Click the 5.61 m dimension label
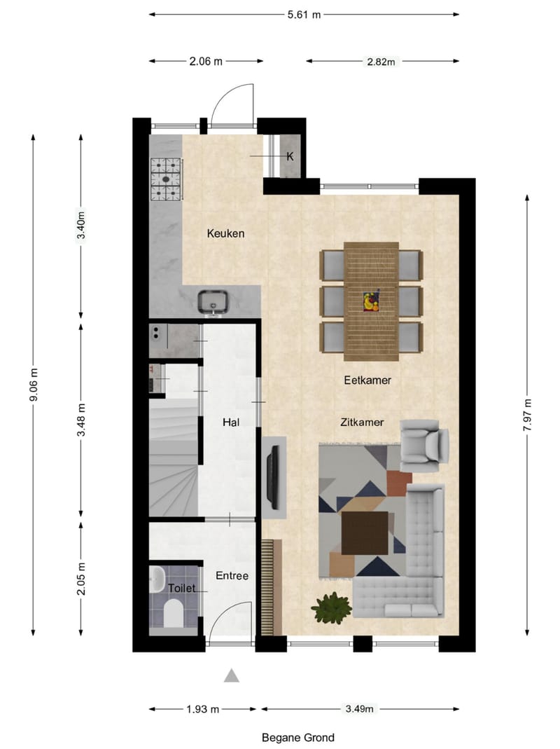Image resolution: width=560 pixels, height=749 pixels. (x=304, y=14)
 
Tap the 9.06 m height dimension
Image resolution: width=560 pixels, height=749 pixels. (x=33, y=385)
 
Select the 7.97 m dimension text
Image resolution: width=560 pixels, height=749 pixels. (x=527, y=416)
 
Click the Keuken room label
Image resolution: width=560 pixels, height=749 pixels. (x=225, y=233)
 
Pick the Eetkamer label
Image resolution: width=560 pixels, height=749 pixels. (x=367, y=380)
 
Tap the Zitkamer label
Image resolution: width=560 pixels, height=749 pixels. (x=361, y=422)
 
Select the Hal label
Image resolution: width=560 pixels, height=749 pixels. (x=231, y=422)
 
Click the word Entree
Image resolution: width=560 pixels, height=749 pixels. (x=232, y=576)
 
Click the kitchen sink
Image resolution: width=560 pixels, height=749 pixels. (x=214, y=302)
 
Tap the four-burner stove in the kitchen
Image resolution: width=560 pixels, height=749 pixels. (x=167, y=179)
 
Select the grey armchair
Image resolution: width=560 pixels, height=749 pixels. (x=423, y=446)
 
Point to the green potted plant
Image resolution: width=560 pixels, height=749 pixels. (x=332, y=607)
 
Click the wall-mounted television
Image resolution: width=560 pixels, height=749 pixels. (x=273, y=477)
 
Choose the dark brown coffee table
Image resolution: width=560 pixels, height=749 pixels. (x=364, y=532)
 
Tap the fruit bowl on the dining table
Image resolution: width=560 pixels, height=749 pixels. (x=371, y=301)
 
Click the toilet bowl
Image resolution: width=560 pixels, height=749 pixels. (x=172, y=614)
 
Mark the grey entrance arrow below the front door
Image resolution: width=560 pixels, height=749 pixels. (x=232, y=675)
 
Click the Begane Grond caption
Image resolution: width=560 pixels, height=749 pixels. (x=298, y=737)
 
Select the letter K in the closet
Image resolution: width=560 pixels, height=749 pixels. (x=290, y=156)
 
